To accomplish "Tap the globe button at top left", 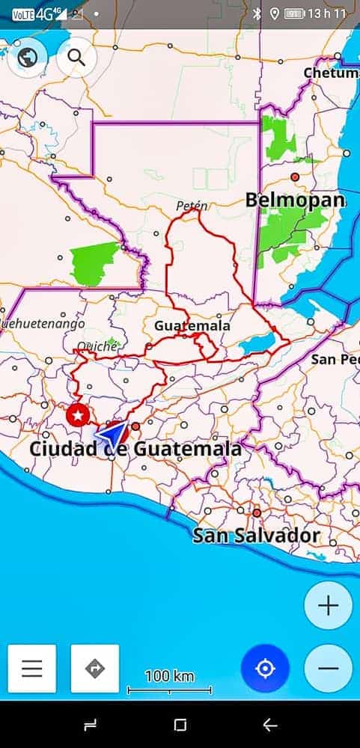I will click(28, 57).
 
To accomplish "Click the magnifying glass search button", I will click(76, 57).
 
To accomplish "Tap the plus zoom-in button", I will click(328, 605).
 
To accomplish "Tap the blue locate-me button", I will click(265, 668).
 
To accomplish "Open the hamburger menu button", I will click(32, 668).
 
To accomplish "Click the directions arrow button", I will click(95, 668).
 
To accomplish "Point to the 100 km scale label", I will click(169, 677).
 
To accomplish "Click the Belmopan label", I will click(296, 200).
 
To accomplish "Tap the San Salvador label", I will click(256, 536).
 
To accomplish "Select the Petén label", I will click(192, 205).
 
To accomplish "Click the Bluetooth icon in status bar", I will click(257, 13).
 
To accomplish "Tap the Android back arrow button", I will click(270, 725).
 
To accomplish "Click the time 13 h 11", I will click(328, 13).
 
